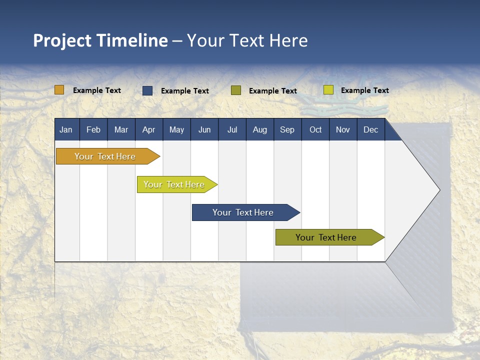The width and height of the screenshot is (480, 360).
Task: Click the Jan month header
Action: [x=66, y=129]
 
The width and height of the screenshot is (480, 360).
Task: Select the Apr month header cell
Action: [x=148, y=129]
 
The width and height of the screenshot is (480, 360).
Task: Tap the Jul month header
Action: [x=232, y=129]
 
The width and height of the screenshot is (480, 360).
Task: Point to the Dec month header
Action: [x=370, y=129]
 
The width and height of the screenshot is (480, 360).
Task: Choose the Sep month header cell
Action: [x=287, y=129]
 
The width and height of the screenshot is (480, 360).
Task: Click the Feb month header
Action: [x=93, y=129]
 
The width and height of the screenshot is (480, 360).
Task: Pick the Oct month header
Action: [x=315, y=129]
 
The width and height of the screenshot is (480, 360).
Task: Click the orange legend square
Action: [x=59, y=90]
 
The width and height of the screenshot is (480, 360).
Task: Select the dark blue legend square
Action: [x=147, y=90]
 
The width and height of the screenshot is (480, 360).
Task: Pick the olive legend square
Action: [x=236, y=90]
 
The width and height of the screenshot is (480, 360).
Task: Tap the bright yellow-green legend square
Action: [x=328, y=90]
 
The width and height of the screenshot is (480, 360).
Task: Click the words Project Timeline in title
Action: [x=100, y=40]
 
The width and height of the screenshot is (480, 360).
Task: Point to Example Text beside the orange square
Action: [x=97, y=90]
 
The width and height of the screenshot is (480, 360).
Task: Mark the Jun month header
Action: [x=204, y=129]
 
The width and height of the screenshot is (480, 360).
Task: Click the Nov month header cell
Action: [x=343, y=129]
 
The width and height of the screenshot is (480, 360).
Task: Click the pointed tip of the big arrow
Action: [x=438, y=190]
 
